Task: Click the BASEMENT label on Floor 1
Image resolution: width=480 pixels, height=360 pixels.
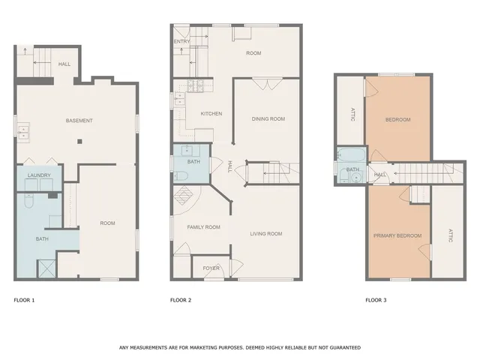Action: pyautogui.click(x=79, y=121)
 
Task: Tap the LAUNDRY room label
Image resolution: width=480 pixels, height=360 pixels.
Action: pyautogui.click(x=39, y=175)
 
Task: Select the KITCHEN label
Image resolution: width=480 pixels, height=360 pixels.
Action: pyautogui.click(x=211, y=113)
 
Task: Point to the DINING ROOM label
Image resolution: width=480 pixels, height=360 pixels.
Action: pyautogui.click(x=268, y=118)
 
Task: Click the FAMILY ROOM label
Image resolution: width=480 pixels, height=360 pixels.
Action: pyautogui.click(x=202, y=226)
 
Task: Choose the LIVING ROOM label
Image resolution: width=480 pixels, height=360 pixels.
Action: pyautogui.click(x=266, y=234)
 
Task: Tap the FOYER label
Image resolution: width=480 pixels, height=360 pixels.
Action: pyautogui.click(x=211, y=267)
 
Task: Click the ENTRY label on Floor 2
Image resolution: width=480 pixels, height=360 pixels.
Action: pyautogui.click(x=182, y=42)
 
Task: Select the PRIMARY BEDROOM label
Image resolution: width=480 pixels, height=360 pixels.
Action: pyautogui.click(x=397, y=235)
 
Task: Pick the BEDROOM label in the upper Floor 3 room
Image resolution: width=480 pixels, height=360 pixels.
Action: pyautogui.click(x=397, y=120)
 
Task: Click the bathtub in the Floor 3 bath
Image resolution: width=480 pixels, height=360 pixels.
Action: pyautogui.click(x=350, y=156)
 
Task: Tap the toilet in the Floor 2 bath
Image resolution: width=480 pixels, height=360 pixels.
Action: pyautogui.click(x=182, y=175)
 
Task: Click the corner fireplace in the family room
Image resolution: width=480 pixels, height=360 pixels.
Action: pyautogui.click(x=183, y=199)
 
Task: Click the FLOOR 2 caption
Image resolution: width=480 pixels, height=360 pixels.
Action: pyautogui.click(x=181, y=300)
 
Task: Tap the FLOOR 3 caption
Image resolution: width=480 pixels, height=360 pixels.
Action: pyautogui.click(x=376, y=300)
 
